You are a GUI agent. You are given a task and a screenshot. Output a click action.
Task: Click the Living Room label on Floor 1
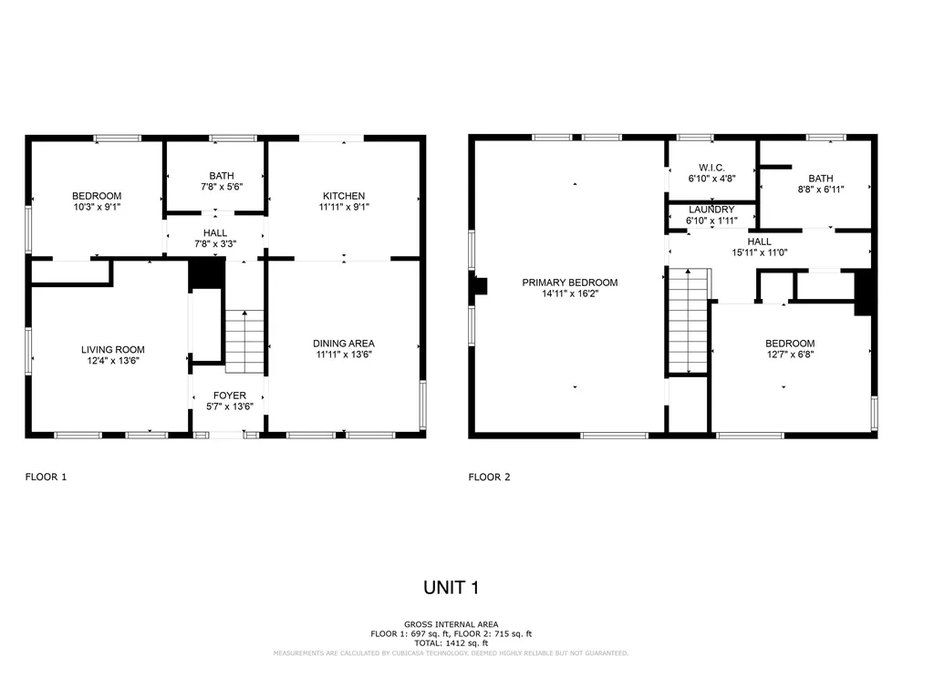112,350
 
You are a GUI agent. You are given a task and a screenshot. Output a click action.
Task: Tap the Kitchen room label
344,196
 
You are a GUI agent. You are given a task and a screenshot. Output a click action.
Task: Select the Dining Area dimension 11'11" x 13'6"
344,355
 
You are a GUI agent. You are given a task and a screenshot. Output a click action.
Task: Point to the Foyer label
229,396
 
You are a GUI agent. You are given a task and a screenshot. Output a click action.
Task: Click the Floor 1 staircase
244,342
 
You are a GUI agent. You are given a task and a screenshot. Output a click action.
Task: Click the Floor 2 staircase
689,322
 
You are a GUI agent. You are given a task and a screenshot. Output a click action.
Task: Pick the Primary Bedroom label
570,283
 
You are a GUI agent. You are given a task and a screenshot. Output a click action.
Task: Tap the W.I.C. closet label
711,168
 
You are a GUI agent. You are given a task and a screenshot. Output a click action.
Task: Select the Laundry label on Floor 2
711,210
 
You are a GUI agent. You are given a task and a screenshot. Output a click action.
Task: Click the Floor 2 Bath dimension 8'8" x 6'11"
821,190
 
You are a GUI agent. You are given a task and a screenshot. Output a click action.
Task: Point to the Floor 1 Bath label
222,176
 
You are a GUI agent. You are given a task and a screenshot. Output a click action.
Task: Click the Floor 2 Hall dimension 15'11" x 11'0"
760,252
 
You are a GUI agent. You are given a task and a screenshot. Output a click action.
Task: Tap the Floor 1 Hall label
215,232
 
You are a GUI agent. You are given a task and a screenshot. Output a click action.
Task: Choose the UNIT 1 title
451,588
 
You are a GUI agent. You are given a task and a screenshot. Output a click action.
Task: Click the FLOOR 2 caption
489,477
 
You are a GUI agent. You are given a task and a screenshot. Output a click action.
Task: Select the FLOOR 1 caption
46,477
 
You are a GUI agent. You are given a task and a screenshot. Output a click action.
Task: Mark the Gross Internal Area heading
451,624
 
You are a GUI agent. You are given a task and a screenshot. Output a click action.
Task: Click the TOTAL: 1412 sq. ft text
451,643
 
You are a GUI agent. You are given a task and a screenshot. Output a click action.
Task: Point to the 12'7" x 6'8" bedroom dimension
791,355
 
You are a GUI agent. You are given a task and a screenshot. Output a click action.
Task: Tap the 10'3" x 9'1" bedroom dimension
97,207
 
